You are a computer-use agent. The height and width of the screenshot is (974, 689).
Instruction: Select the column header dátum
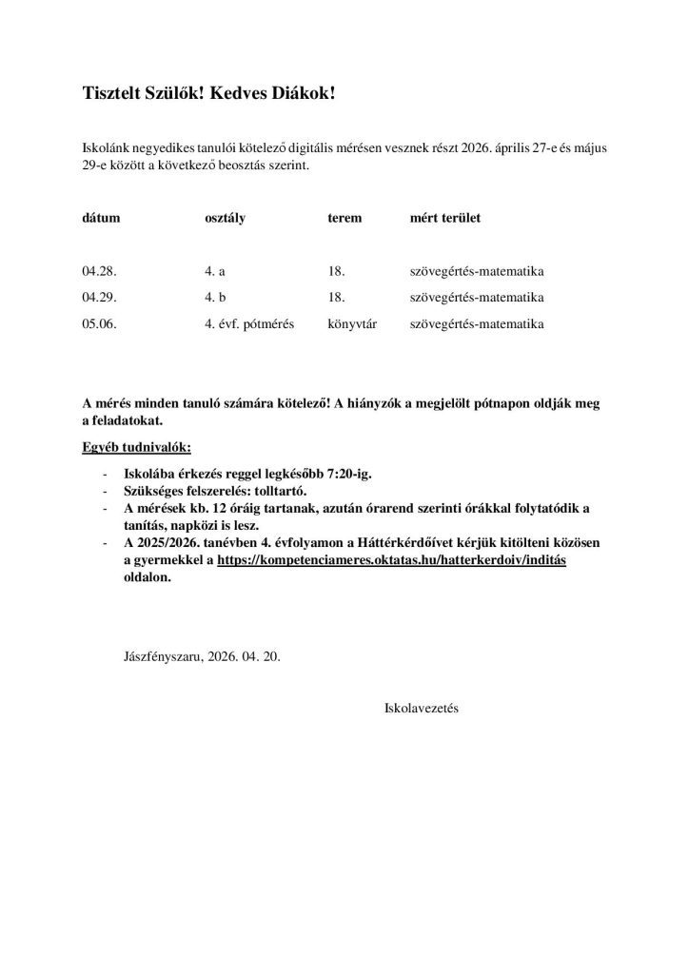pos(101,218)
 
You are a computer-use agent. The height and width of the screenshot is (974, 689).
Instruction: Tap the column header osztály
pos(225,218)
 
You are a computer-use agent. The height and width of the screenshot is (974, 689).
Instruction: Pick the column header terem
pos(344,218)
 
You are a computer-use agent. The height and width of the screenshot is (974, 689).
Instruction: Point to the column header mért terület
pos(444,218)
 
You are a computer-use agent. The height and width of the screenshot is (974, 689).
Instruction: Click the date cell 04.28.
pos(99,271)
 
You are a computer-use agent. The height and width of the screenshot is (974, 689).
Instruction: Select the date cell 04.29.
pos(99,298)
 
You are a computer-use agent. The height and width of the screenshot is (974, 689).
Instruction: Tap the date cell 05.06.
pos(99,324)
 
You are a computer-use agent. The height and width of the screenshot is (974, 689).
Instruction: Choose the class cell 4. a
pos(214,271)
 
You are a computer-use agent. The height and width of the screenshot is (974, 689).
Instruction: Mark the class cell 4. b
pos(214,298)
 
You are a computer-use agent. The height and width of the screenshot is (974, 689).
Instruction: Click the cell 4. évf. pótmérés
pos(249,324)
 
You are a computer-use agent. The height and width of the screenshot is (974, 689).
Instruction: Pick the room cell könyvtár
pos(352,324)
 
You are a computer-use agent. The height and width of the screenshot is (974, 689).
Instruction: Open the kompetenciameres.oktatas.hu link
pos(391,561)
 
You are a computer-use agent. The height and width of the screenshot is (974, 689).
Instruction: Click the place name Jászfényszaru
pos(162,656)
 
